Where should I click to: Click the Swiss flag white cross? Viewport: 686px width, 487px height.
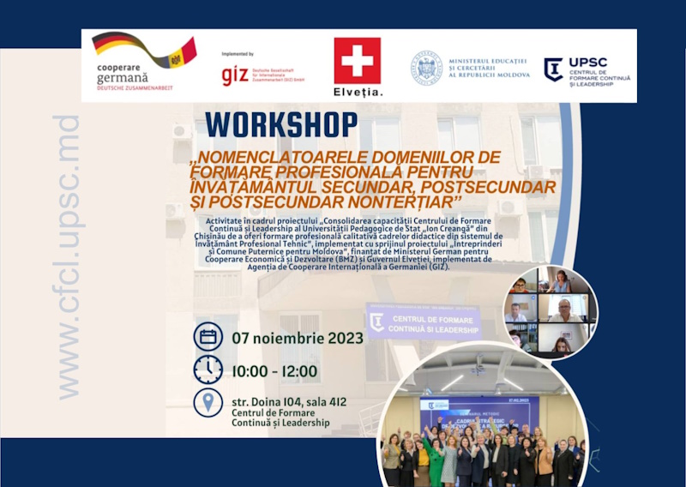coord(357,61)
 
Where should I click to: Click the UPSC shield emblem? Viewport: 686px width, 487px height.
coord(553,69)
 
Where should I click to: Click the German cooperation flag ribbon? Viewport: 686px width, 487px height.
coord(145,51)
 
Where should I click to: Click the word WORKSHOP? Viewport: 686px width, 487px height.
coord(281,125)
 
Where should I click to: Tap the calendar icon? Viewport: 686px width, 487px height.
coord(208,337)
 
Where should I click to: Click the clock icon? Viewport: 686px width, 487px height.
coord(208,370)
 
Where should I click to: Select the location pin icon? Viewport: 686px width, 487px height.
coord(208,403)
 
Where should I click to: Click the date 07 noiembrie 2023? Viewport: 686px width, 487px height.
coord(298,338)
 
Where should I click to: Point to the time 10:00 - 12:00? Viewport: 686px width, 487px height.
coord(274,371)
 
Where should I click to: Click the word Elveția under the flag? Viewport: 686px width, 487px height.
coord(358,92)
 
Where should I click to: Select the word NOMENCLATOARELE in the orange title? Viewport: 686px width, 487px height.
coord(283,158)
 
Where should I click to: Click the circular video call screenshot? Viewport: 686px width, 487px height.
coord(550,310)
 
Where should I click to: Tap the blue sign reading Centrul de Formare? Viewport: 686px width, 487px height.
coord(424,322)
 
